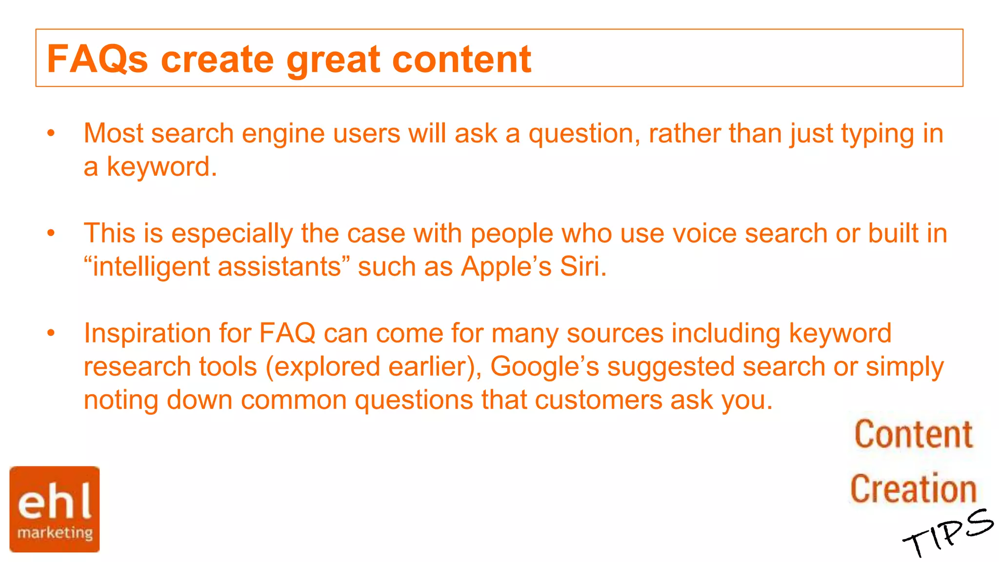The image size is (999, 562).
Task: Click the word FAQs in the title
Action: (x=97, y=60)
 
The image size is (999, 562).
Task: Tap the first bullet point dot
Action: (x=51, y=133)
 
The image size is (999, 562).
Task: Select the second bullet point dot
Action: (x=51, y=233)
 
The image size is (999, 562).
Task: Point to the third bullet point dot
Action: (x=51, y=333)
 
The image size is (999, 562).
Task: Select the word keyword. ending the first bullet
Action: (x=161, y=167)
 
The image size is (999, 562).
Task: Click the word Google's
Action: (x=544, y=367)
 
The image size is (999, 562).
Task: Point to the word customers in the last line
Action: (x=598, y=401)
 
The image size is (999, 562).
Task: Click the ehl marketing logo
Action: (x=55, y=509)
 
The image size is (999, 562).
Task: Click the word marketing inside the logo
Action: (x=55, y=533)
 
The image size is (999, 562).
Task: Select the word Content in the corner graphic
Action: (x=914, y=434)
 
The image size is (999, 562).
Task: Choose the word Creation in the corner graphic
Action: (x=913, y=489)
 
